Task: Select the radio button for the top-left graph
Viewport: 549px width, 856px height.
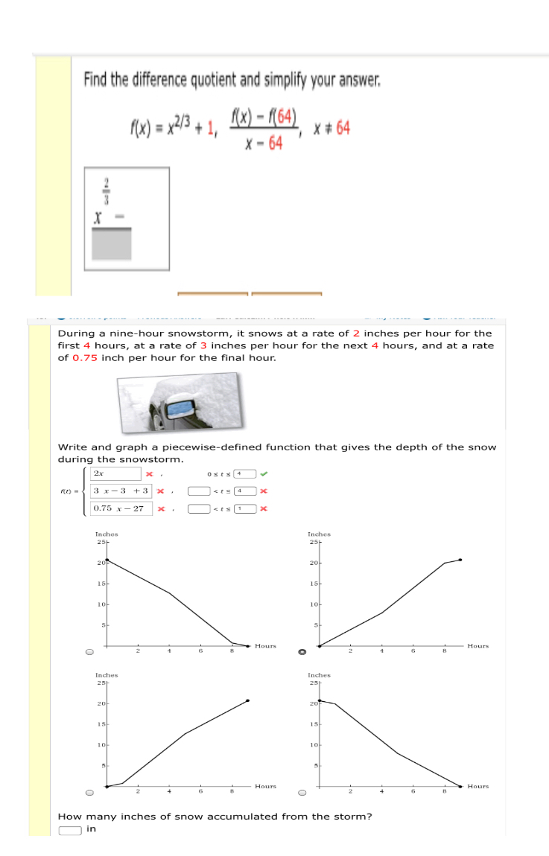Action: [x=89, y=653]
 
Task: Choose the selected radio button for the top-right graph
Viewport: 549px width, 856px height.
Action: [x=302, y=653]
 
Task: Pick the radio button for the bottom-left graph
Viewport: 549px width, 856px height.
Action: [x=89, y=793]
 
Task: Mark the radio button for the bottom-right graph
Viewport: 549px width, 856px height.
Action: [x=302, y=793]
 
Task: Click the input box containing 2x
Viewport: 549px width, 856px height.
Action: [x=115, y=473]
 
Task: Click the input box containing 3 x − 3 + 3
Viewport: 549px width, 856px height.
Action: [x=121, y=491]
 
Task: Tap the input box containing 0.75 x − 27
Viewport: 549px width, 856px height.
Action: [x=121, y=508]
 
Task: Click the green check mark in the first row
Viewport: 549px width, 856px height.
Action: [x=265, y=473]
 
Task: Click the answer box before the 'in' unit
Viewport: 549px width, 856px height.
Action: [x=70, y=830]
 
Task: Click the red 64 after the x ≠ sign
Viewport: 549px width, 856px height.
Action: [x=343, y=128]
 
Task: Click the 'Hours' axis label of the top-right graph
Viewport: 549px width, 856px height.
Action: [x=477, y=646]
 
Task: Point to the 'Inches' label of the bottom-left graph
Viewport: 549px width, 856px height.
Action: [x=107, y=674]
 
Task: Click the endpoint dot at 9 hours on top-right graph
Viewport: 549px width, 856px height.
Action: [x=460, y=559]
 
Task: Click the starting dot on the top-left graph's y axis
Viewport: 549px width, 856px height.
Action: [x=107, y=559]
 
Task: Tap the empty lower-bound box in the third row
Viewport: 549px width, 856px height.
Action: [x=197, y=508]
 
